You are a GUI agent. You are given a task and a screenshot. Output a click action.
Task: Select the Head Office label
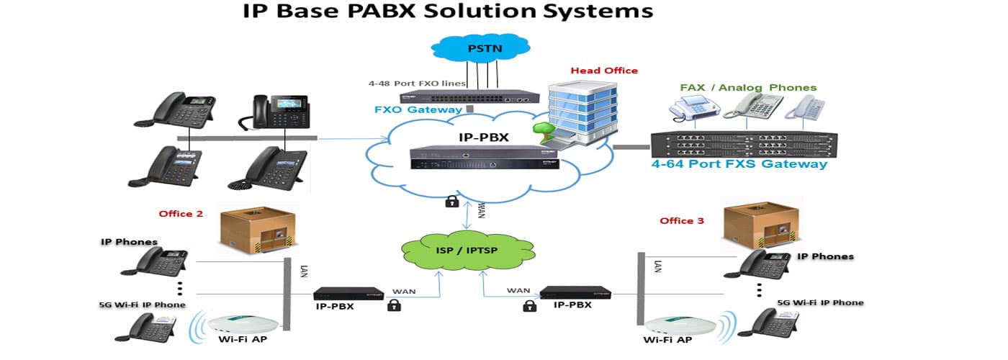[604, 71]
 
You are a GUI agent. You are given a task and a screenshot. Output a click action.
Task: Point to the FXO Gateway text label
[418, 110]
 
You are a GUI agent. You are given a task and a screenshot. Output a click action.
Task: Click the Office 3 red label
[682, 220]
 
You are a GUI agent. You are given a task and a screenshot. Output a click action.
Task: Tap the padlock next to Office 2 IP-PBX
[394, 305]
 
